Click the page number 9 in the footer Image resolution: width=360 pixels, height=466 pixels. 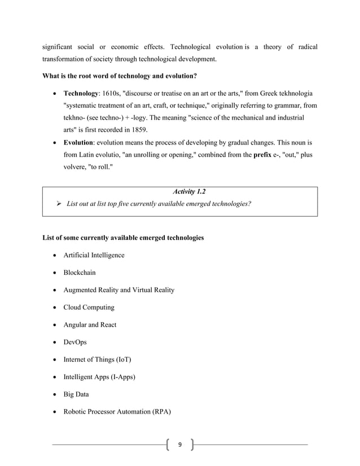click(x=179, y=445)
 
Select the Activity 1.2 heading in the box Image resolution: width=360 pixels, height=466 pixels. click(x=188, y=192)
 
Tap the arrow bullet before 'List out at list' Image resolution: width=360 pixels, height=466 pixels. click(x=59, y=204)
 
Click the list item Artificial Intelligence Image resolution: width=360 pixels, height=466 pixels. click(x=94, y=255)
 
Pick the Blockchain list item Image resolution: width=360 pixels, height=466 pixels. click(x=80, y=272)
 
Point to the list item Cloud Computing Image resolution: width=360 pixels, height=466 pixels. click(x=89, y=307)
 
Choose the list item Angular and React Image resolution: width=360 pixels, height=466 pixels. click(x=90, y=325)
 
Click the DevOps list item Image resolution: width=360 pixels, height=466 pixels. click(x=75, y=342)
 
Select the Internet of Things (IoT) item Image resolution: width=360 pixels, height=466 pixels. click(x=97, y=359)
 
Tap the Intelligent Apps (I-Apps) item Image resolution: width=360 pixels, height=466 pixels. click(x=99, y=377)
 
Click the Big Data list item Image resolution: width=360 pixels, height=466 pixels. click(x=76, y=394)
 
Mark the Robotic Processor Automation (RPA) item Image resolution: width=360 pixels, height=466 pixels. click(x=117, y=412)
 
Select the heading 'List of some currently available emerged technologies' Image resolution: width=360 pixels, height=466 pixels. click(x=123, y=238)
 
